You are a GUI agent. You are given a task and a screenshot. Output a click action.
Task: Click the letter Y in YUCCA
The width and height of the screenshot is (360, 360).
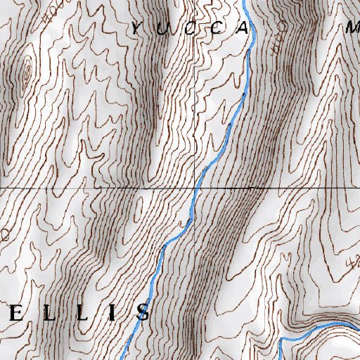136,28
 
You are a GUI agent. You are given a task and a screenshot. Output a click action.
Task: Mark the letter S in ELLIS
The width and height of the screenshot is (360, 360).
143,311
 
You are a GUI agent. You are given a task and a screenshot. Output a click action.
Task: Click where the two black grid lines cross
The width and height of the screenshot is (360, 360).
195,188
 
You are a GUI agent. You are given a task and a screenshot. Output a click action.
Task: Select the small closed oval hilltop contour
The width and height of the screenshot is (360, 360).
27,72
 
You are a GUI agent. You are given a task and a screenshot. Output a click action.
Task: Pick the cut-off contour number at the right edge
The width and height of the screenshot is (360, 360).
354,263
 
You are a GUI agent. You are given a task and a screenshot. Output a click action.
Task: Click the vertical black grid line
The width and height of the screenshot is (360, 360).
195,105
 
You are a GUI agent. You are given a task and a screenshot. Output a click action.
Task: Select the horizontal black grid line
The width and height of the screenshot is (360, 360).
84,188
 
